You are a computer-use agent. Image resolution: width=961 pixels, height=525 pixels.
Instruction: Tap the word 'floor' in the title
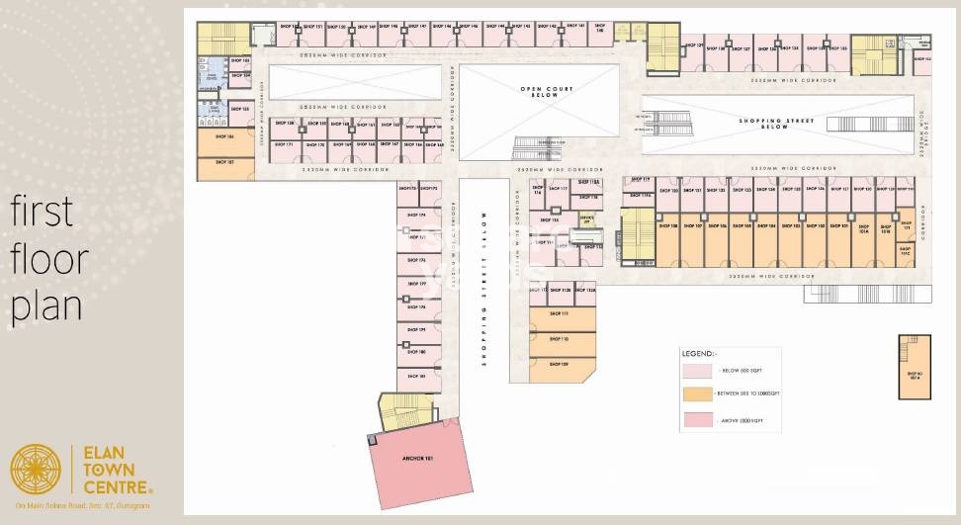point(48,259)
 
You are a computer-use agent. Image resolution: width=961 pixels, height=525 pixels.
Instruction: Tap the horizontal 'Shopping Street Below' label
point(776,123)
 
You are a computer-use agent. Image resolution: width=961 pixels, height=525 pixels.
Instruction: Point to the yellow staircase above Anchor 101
point(400,411)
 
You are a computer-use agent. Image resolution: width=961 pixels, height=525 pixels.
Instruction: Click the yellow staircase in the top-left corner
point(223,39)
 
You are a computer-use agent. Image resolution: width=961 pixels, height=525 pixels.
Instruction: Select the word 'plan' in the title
point(45,306)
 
